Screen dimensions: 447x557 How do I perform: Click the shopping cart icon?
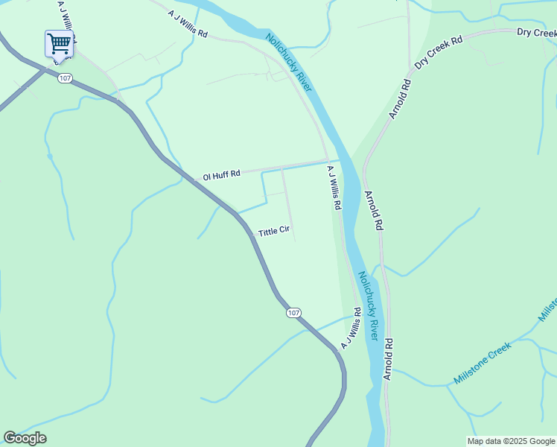coord(58,43)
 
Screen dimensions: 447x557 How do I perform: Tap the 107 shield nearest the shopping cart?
coord(65,78)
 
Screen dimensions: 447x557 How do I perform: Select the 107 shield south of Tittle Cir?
coord(294,313)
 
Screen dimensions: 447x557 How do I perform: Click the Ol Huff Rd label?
coord(221,175)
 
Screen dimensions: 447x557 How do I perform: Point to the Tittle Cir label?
coord(273,232)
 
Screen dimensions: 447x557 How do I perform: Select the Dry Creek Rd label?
coord(439,51)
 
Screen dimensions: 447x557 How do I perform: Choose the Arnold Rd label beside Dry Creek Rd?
coord(400,99)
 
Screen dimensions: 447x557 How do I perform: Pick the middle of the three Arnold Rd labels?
coord(373,209)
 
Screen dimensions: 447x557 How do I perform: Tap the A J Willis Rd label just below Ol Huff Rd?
coord(334,187)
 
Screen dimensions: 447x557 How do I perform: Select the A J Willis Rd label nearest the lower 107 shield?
coord(351,329)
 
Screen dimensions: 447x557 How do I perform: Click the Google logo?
coord(25,438)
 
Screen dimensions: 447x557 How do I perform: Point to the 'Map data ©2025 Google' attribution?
coord(511,441)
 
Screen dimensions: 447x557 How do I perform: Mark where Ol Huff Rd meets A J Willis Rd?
coord(328,159)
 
